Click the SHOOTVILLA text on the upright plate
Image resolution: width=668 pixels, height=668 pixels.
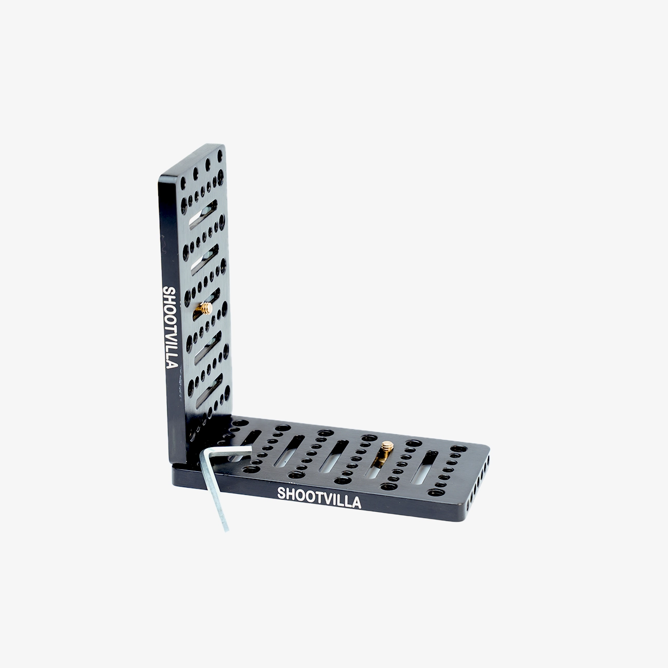[170, 327]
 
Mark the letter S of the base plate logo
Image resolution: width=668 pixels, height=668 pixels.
[281, 494]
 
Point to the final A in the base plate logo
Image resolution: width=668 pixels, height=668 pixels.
[356, 503]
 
